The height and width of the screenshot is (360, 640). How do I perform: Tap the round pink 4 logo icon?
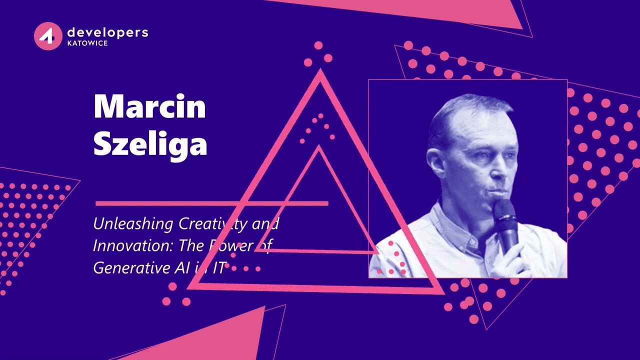[x=48, y=36]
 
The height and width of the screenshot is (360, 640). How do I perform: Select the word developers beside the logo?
[x=107, y=32]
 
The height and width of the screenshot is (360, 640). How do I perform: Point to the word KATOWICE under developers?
[x=87, y=43]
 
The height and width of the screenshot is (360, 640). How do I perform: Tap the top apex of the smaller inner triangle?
[x=318, y=148]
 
